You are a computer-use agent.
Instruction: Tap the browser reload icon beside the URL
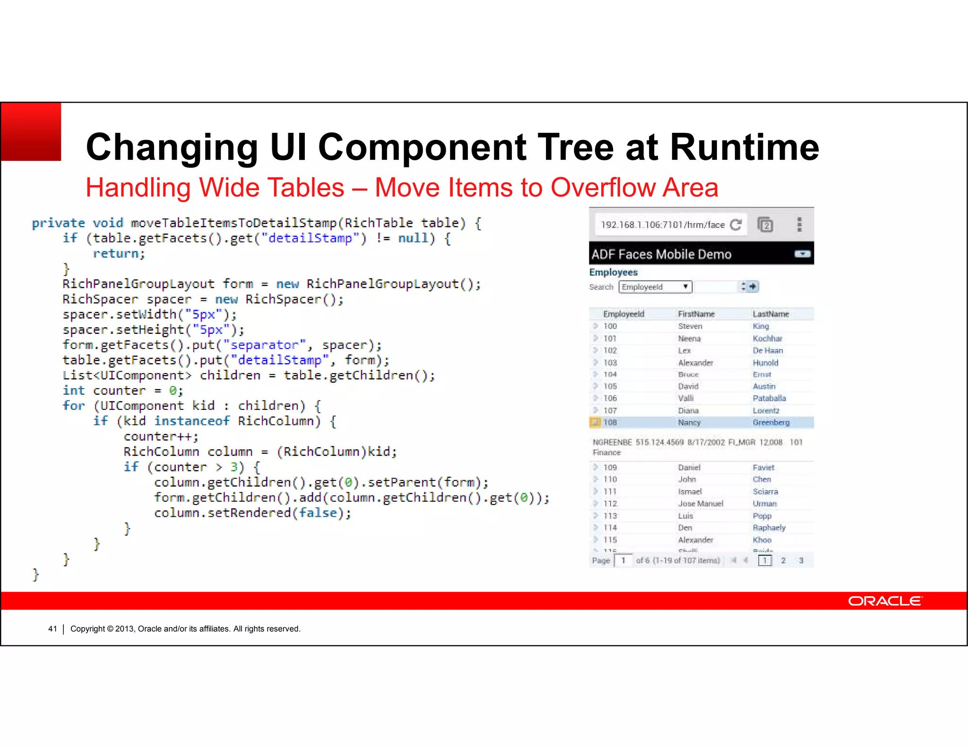[735, 225]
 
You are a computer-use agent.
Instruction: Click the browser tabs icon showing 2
[765, 225]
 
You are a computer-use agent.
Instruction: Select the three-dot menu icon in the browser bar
[799, 225]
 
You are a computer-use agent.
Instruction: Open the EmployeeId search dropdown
[655, 287]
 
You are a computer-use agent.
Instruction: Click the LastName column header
[770, 314]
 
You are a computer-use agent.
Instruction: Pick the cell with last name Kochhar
[767, 339]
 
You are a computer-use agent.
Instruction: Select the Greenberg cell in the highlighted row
[771, 422]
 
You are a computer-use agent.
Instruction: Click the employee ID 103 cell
[610, 363]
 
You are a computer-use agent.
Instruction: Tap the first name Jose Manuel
[700, 504]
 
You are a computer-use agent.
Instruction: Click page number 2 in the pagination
[783, 560]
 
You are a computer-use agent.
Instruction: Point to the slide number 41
[52, 629]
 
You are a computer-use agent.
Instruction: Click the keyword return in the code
[118, 253]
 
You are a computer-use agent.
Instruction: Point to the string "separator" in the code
[264, 345]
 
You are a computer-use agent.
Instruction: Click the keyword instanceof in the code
[192, 421]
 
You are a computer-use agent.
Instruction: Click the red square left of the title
[31, 132]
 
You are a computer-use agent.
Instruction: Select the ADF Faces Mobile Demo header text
[661, 254]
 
